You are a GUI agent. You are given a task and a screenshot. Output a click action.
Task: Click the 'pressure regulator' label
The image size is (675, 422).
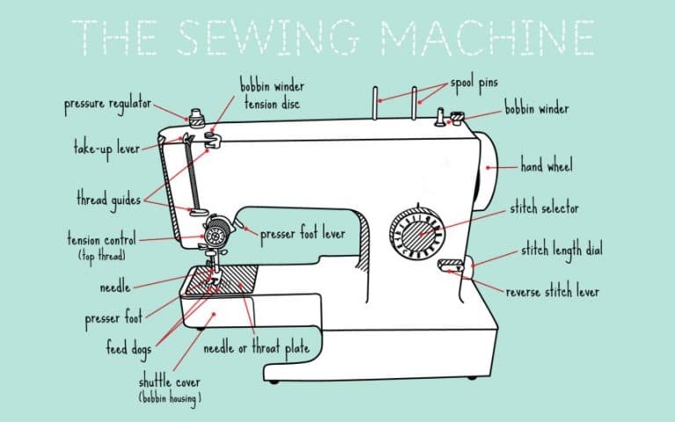click(106, 105)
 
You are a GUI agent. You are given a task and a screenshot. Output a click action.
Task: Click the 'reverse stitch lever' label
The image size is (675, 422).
click(552, 292)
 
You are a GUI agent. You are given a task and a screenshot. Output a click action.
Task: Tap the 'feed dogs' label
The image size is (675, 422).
click(128, 349)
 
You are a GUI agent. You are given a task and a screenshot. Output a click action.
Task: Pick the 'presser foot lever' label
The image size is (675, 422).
click(302, 235)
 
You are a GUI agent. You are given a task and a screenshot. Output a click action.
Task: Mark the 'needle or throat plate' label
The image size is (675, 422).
click(257, 349)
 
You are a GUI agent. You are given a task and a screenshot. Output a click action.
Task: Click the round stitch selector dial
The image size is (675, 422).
click(416, 234)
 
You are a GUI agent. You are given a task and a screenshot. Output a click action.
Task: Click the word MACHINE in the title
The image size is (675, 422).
click(489, 35)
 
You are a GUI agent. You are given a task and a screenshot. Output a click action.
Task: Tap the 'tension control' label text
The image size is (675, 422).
click(103, 238)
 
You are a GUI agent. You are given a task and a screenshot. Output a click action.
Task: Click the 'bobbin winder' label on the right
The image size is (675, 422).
click(536, 110)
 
